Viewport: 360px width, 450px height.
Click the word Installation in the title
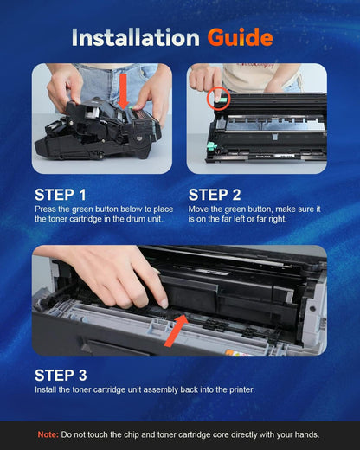coord(136,37)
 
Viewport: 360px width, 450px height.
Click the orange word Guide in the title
coord(240,38)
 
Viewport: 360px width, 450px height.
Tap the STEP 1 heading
coord(61,195)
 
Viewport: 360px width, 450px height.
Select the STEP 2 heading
coord(215,195)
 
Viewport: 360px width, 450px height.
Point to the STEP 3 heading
coord(61,376)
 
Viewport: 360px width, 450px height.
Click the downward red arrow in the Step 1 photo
coord(124,91)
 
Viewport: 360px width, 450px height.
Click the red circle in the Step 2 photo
coord(218,99)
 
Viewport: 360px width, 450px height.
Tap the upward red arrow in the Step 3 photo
coord(176,331)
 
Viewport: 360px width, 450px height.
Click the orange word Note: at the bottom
coord(48,434)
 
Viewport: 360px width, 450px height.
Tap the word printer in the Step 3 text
coord(242,389)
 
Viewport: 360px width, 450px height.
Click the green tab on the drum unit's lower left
coord(211,146)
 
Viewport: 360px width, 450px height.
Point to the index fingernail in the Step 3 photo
coord(164,303)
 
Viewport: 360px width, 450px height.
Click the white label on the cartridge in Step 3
coord(212,272)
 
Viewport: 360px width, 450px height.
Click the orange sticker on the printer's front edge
coord(233,352)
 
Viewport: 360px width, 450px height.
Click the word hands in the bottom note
coord(308,434)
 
